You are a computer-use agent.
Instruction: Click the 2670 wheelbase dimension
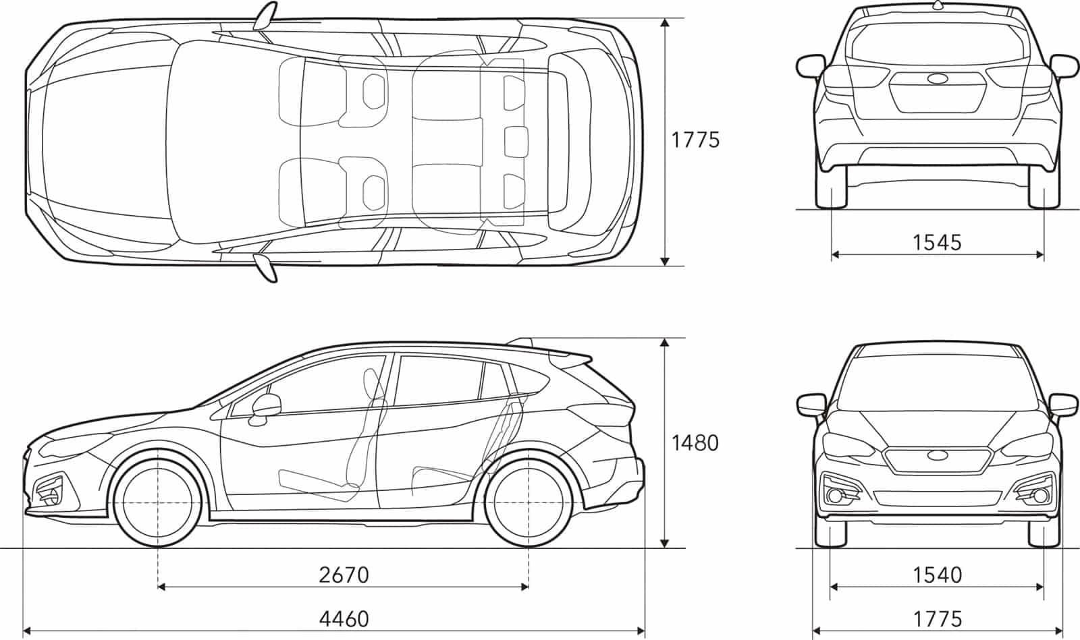pos(344,575)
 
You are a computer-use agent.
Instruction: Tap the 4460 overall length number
pos(344,619)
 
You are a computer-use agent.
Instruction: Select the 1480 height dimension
pos(695,443)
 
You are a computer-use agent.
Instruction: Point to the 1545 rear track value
pos(938,242)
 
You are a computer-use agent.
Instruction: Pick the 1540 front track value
pos(938,575)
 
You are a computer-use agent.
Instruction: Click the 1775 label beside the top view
pos(695,140)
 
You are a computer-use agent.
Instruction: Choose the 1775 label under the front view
pos(938,619)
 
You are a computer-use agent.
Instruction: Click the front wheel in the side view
pos(158,502)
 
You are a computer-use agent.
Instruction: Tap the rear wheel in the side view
pos(529,502)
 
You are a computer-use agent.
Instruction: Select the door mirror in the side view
pos(266,409)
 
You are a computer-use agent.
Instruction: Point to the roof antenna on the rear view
pos(938,5)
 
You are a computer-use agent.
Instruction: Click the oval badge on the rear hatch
pos(938,78)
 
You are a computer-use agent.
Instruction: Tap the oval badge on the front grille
pos(938,455)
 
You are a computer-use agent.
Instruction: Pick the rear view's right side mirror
pos(1064,67)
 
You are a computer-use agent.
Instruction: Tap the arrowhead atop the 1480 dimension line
pos(664,343)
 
